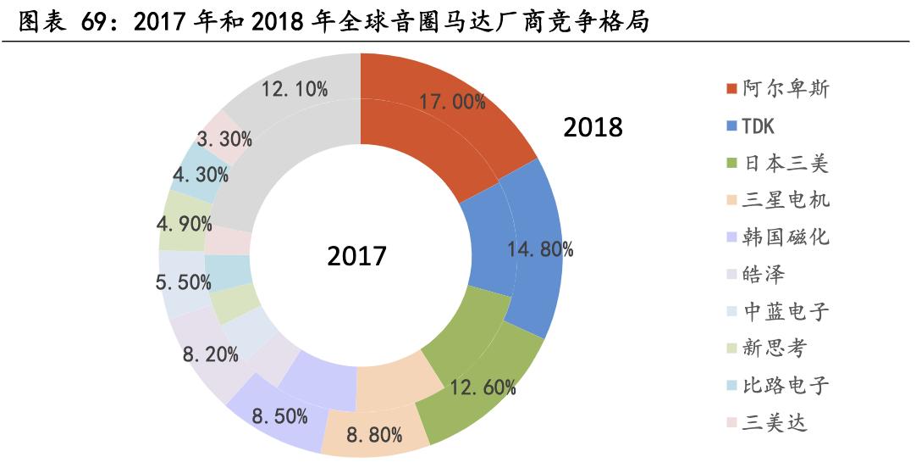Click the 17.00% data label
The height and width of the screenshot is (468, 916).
point(452,102)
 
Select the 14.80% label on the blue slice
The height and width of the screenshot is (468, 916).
point(540,248)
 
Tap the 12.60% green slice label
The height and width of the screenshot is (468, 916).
point(483,387)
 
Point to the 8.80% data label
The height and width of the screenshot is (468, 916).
point(374,437)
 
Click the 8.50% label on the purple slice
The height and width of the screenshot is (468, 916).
point(280,417)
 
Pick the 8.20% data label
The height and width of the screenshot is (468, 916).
point(210,354)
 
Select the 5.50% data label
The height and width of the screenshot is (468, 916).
point(184,282)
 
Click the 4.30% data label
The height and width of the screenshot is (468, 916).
point(200,175)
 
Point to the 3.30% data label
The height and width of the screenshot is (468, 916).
point(223,138)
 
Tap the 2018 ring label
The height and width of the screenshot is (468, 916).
point(593,127)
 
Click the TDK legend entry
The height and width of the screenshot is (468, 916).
point(759,126)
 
